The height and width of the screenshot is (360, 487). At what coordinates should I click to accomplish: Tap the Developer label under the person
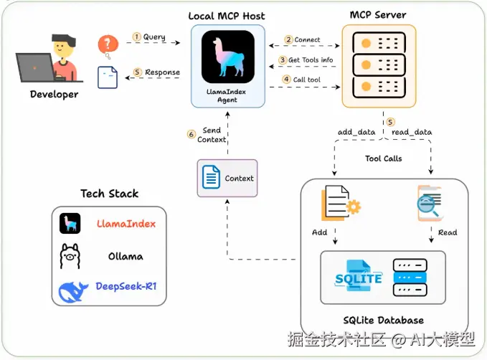click(x=55, y=94)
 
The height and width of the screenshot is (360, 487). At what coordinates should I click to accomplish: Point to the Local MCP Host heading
click(x=227, y=15)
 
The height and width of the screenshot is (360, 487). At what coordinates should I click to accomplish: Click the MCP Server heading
click(x=377, y=14)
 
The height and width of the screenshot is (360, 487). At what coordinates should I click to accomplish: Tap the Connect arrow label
click(x=303, y=39)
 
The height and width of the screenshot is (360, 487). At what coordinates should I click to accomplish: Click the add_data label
click(x=356, y=132)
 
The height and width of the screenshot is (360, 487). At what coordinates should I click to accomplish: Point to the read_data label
click(x=411, y=132)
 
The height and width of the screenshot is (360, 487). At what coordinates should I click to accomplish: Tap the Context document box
click(x=227, y=178)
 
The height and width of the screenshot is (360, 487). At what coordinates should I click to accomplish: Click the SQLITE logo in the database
click(x=359, y=278)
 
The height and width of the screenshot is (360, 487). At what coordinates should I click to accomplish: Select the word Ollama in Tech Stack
click(x=125, y=256)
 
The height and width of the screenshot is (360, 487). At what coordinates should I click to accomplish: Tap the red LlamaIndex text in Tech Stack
click(x=126, y=223)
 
